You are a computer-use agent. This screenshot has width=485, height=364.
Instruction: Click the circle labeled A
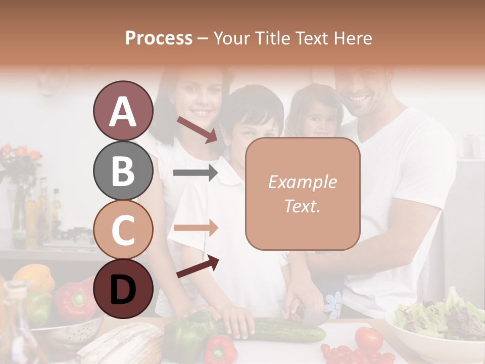pos(123,111)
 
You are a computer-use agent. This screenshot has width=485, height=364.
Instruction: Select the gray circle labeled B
pos(123,170)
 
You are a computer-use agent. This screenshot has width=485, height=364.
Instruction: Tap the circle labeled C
pos(123,230)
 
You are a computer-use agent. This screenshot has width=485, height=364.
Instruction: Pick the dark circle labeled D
pos(123,289)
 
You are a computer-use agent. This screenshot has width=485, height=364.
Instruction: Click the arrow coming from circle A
pos(197,129)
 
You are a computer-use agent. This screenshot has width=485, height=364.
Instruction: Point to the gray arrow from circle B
pos(195,173)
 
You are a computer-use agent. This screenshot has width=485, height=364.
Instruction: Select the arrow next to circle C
pos(195,227)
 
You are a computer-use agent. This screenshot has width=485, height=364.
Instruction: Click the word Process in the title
pos(159,38)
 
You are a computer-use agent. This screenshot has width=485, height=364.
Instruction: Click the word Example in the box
pos(302,182)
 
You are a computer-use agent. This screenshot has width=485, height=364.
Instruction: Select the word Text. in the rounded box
pos(302,206)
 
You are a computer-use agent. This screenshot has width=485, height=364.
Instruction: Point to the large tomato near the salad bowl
pos(368,338)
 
